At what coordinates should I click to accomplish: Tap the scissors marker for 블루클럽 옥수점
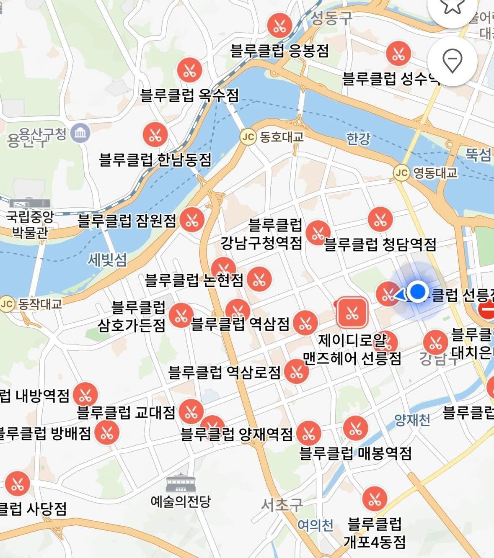[189, 70]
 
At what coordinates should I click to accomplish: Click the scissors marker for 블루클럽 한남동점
[155, 135]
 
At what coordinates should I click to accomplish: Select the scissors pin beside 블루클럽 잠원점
[192, 219]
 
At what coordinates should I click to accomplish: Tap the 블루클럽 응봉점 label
[279, 51]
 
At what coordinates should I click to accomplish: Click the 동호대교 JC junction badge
[248, 137]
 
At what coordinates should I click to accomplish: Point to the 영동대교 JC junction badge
[401, 172]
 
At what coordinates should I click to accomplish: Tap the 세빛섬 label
[107, 260]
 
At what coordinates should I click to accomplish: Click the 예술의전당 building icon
[181, 483]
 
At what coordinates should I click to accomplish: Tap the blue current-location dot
[417, 292]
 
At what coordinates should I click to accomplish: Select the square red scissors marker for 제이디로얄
[352, 312]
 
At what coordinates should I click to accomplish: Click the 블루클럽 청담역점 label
[380, 244]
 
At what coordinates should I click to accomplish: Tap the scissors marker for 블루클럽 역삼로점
[296, 371]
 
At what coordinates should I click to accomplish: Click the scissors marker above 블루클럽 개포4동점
[375, 499]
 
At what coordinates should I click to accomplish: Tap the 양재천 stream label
[412, 420]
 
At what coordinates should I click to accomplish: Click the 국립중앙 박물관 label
[30, 224]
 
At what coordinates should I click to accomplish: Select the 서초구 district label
[282, 505]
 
